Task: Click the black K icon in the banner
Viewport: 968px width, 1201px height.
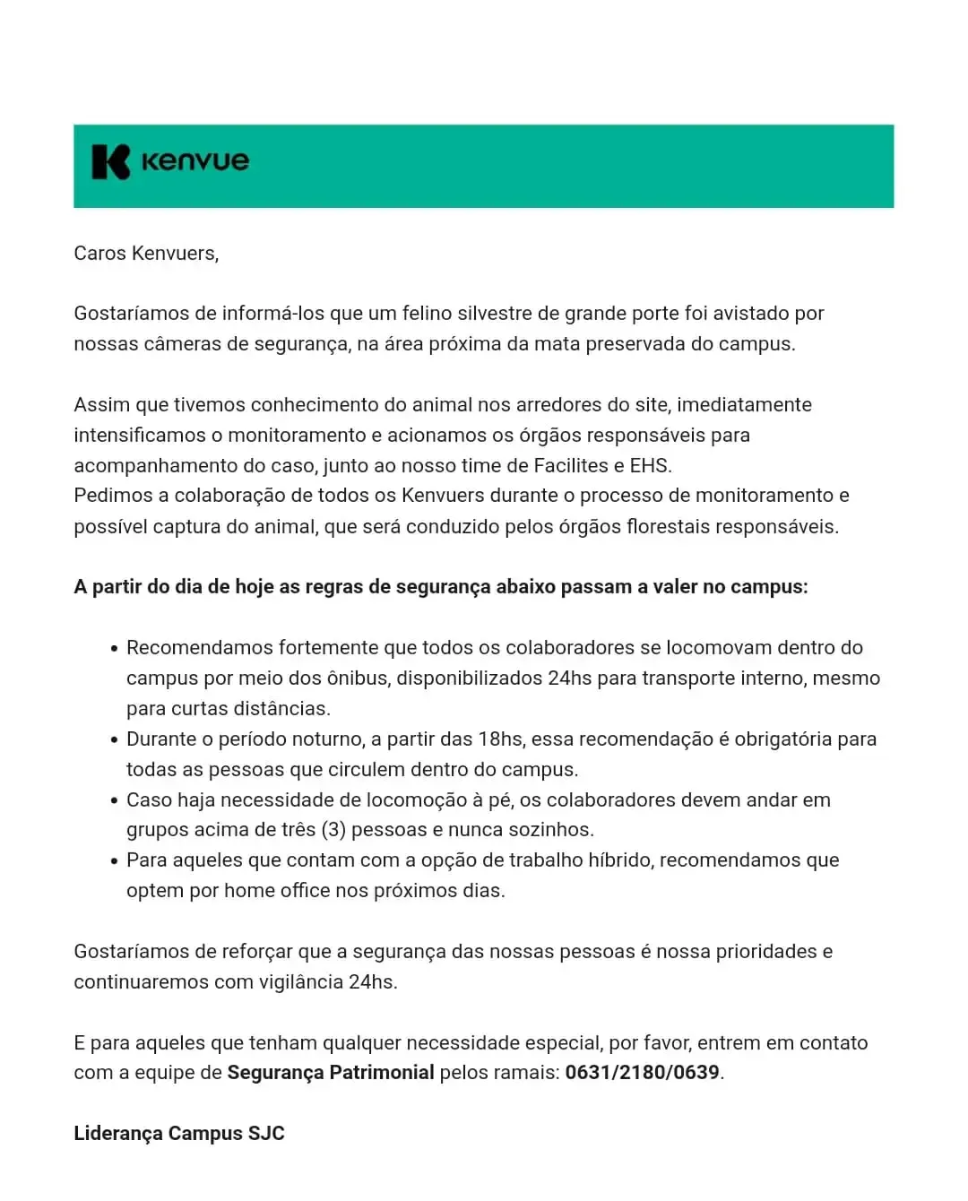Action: [111, 162]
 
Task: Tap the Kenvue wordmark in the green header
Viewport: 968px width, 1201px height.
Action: [195, 162]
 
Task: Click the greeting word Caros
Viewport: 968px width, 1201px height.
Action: [99, 254]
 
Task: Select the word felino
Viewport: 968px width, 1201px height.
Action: [426, 314]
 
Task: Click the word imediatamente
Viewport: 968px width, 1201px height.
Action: [744, 405]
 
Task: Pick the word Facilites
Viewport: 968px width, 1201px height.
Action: [571, 466]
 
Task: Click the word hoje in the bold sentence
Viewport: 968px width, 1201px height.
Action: [254, 587]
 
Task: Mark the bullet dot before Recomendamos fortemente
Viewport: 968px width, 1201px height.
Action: [114, 649]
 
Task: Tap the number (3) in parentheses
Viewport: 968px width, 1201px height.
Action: [333, 830]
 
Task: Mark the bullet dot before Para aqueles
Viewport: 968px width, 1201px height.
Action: [114, 861]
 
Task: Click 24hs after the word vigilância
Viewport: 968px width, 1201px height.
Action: [372, 982]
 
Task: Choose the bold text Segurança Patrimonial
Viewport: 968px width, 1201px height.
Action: [331, 1073]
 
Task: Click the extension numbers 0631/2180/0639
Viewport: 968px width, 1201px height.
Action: [642, 1073]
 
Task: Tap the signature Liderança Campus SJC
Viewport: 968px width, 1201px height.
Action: [179, 1134]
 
